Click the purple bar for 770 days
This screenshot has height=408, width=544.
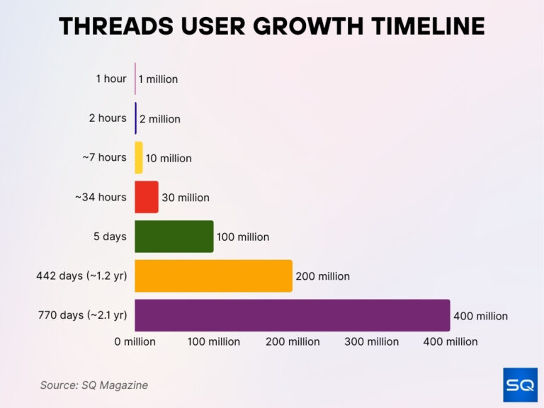(292, 315)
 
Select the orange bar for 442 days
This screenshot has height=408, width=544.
(213, 276)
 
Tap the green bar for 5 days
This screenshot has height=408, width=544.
(174, 237)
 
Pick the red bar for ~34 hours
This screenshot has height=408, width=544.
(147, 197)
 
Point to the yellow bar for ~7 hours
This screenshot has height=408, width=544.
(139, 158)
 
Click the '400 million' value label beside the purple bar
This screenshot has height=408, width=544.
(481, 316)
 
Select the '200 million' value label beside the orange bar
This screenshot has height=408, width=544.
(322, 276)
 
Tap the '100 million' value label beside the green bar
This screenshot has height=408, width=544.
(243, 237)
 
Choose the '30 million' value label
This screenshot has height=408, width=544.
(186, 198)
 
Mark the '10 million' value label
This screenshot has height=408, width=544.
(169, 158)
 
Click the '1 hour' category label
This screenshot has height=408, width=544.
(111, 79)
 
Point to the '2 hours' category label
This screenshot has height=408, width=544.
(108, 118)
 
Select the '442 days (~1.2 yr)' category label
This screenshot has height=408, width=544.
(81, 276)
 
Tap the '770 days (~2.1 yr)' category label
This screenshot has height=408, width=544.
(82, 315)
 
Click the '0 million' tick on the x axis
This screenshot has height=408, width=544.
(135, 341)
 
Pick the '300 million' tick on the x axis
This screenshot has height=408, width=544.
(372, 341)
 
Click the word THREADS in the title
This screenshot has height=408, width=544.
(115, 26)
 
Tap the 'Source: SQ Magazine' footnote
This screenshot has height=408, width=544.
(93, 385)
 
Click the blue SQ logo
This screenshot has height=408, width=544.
(520, 385)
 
